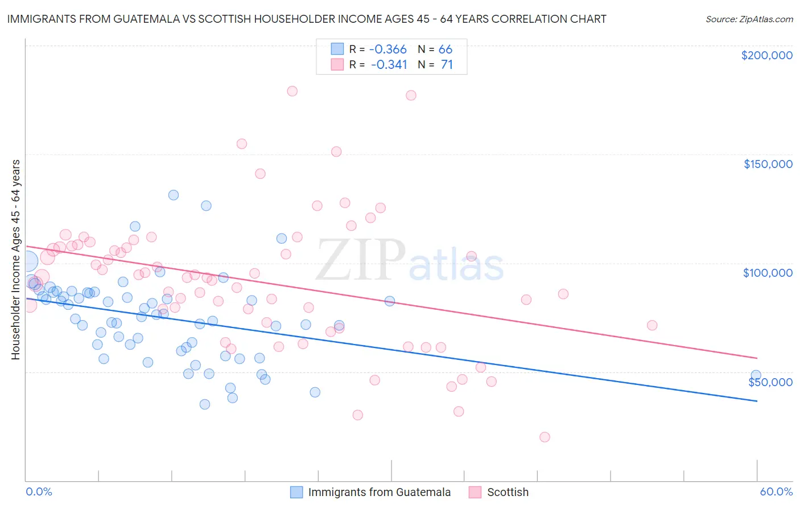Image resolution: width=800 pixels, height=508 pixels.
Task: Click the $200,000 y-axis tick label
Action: point(766,55)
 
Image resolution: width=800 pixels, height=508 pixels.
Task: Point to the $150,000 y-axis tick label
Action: point(768,164)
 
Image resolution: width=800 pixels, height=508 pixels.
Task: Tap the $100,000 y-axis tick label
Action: point(768,273)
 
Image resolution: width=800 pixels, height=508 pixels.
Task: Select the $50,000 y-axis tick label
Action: point(770,382)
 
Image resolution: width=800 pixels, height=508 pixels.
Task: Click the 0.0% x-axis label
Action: point(39,491)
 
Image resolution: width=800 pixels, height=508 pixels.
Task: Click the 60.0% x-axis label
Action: point(776,491)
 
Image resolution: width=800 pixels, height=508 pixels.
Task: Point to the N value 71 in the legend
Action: point(447,64)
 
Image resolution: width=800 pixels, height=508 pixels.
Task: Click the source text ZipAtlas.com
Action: point(749,19)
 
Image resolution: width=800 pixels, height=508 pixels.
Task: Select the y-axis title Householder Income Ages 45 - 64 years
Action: point(15,260)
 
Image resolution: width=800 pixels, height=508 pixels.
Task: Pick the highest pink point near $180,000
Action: point(292,91)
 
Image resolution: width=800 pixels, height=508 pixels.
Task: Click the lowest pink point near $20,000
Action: point(545,437)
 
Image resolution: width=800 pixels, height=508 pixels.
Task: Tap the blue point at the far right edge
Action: point(756,375)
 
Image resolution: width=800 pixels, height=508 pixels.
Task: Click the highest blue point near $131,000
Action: point(174,195)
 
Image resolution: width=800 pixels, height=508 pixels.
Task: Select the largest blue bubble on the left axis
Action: point(27,261)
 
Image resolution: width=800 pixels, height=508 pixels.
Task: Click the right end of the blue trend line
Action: point(757,401)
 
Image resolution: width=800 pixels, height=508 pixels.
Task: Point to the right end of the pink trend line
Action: point(757,358)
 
